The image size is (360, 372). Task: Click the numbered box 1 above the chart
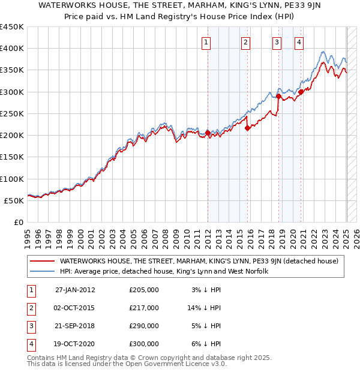(206, 42)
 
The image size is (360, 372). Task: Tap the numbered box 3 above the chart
(277, 42)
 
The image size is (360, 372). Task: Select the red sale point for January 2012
(208, 133)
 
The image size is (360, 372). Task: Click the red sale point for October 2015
(247, 128)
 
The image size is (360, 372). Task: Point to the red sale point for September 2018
(279, 96)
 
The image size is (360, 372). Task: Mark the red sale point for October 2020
(301, 92)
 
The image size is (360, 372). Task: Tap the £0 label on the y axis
(19, 222)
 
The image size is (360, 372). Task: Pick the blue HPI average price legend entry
(163, 271)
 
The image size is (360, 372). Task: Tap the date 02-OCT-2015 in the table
(75, 308)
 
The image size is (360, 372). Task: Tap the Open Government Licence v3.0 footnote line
(127, 364)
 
